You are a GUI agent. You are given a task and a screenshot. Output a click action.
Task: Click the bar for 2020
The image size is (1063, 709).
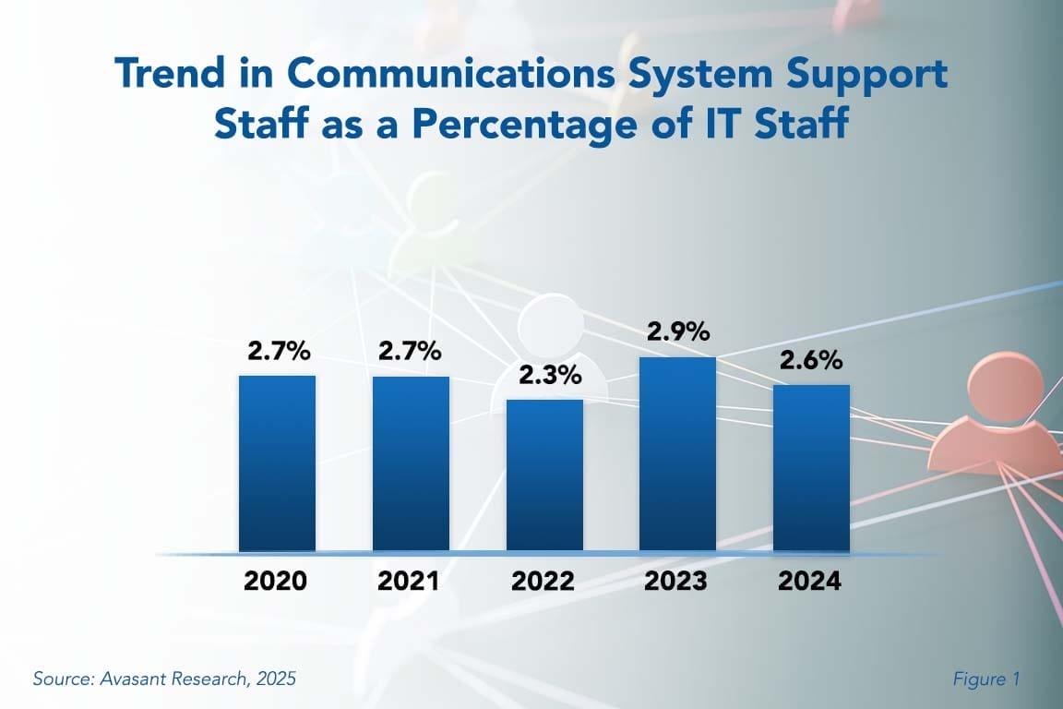[277, 463]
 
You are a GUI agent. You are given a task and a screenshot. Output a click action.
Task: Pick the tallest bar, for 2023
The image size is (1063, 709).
[678, 453]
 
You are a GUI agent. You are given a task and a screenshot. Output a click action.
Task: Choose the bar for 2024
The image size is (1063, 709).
[811, 467]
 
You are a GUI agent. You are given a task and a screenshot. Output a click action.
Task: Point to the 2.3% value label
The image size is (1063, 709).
[544, 376]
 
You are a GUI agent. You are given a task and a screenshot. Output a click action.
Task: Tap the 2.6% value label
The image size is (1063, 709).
[811, 361]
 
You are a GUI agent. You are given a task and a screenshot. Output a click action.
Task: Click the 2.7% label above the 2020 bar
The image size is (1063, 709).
[278, 352]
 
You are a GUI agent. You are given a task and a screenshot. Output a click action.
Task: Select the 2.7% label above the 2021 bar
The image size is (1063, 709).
[411, 352]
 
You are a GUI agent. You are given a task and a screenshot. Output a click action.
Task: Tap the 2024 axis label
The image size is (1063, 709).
[809, 582]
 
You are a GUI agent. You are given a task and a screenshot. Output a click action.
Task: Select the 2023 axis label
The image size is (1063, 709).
[676, 582]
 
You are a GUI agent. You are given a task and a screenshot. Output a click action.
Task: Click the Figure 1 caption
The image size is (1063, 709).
[985, 679]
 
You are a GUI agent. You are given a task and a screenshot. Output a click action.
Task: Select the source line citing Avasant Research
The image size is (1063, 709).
[164, 679]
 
